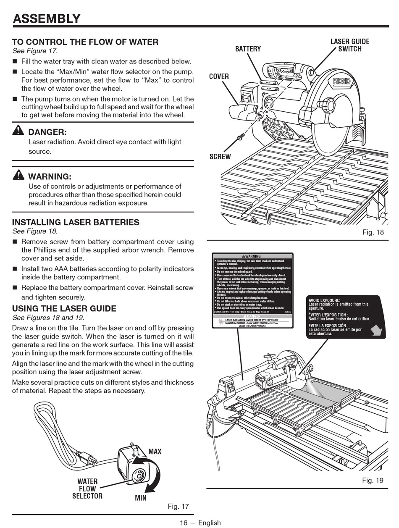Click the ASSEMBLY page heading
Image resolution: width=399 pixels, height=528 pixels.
47,18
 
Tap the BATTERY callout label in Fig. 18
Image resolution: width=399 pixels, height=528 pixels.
248,49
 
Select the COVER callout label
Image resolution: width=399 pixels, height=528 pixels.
219,76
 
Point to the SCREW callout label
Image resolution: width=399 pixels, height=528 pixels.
220,157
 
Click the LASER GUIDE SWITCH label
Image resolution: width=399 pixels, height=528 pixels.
350,45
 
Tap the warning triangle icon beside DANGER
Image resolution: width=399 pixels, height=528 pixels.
18,131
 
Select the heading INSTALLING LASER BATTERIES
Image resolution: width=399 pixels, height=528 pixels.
76,223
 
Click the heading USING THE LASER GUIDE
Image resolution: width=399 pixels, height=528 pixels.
64,309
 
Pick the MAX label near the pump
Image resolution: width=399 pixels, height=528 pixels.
155,452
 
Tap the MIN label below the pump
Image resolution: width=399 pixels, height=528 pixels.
141,498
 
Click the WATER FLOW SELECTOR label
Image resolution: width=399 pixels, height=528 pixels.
87,489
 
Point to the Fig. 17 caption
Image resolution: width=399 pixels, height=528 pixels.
178,507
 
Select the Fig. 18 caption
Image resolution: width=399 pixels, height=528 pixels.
373,232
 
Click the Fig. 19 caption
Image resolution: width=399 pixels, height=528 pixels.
373,481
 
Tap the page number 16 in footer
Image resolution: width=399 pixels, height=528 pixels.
184,523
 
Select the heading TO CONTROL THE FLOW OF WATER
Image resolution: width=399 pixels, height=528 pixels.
85,42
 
